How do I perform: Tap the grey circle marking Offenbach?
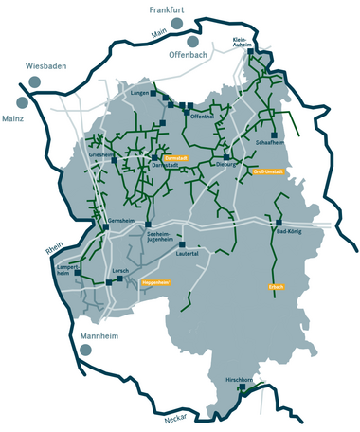point(193,42)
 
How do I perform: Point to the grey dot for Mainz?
point(22,101)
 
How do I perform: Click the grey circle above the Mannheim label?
point(85,350)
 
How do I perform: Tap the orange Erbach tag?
point(277,286)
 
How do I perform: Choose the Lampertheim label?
point(71,270)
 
